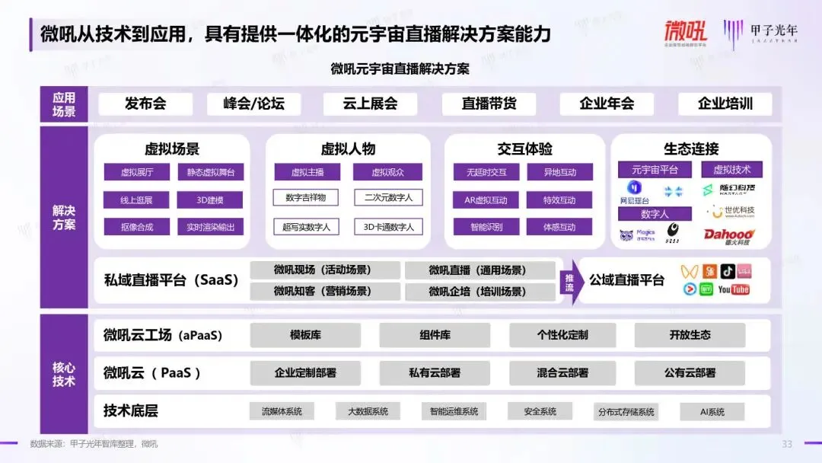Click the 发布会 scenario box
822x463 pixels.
[145, 104]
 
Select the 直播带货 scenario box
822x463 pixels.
[489, 104]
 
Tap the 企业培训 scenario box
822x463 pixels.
[725, 104]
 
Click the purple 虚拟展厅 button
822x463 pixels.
[137, 173]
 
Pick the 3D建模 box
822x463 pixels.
[210, 200]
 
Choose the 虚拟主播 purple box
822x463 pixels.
[307, 173]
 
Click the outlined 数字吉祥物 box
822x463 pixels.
[306, 198]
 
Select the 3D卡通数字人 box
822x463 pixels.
[388, 227]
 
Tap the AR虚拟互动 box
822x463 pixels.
[486, 200]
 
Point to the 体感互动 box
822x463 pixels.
[559, 227]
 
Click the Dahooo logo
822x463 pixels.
[728, 236]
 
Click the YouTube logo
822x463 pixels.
[734, 289]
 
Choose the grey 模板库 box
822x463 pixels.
[305, 335]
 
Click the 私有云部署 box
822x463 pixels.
[435, 373]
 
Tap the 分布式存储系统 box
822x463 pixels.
[626, 412]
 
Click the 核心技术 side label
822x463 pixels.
[64, 374]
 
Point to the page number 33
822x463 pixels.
[787, 444]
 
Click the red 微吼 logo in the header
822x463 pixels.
[685, 32]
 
